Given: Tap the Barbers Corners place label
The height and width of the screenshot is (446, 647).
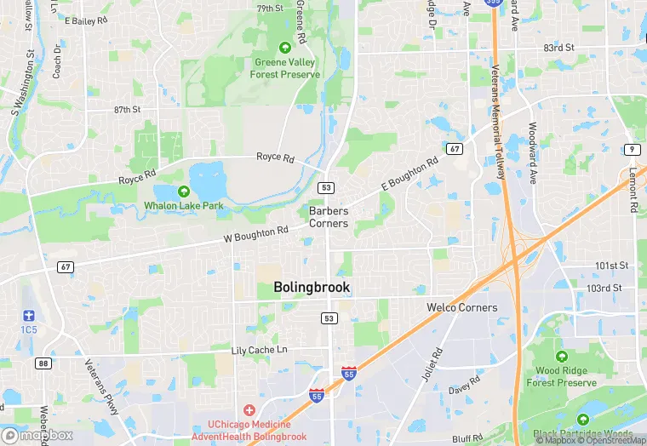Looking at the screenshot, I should click(x=329, y=217).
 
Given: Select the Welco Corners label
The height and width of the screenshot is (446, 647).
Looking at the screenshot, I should click(x=461, y=307).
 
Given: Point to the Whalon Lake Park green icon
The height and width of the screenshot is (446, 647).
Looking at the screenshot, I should click(x=184, y=192).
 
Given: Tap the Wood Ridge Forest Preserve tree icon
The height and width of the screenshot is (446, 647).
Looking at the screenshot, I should click(x=560, y=357).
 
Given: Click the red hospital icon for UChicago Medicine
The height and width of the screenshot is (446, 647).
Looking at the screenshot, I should click(x=249, y=410).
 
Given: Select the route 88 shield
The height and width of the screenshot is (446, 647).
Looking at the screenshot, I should click(x=43, y=363).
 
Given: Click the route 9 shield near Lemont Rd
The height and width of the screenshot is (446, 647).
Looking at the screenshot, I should click(x=631, y=150).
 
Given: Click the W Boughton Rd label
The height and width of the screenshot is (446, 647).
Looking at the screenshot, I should click(x=256, y=233).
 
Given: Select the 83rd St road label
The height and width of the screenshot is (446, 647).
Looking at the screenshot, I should click(x=559, y=48).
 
